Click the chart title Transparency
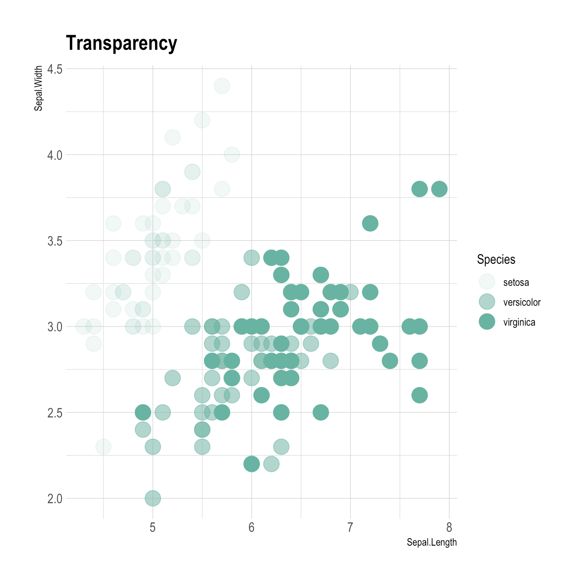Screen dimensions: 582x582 pyautogui.click(x=121, y=43)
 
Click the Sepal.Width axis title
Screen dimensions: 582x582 pyautogui.click(x=39, y=88)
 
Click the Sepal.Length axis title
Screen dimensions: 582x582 pyautogui.click(x=431, y=542)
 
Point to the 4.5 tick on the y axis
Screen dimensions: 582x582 pyautogui.click(x=55, y=69)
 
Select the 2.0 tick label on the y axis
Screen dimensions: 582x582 pyautogui.click(x=55, y=498)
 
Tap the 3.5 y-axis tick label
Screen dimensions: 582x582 pyautogui.click(x=55, y=241)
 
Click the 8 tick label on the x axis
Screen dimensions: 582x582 pyautogui.click(x=449, y=527)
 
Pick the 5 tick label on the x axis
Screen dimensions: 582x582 pyautogui.click(x=152, y=527)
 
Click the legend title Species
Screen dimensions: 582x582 pyautogui.click(x=496, y=259)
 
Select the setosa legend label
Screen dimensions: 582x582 pyautogui.click(x=516, y=282)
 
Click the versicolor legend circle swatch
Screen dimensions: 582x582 pyautogui.click(x=487, y=301)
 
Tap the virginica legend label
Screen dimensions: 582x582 pyautogui.click(x=519, y=322)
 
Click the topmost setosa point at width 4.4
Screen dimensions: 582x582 pyautogui.click(x=222, y=86)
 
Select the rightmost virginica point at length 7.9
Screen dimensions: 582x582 pyautogui.click(x=439, y=189)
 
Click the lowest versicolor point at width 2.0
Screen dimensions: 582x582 pyautogui.click(x=152, y=498)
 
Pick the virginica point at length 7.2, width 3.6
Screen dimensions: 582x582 pyautogui.click(x=370, y=223)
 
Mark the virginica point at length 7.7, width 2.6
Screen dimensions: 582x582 pyautogui.click(x=419, y=395)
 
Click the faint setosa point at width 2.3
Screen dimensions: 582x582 pyautogui.click(x=103, y=446)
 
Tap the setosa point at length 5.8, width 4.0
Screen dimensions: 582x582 pyautogui.click(x=232, y=155)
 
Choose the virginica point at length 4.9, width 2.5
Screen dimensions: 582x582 pyautogui.click(x=143, y=412)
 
